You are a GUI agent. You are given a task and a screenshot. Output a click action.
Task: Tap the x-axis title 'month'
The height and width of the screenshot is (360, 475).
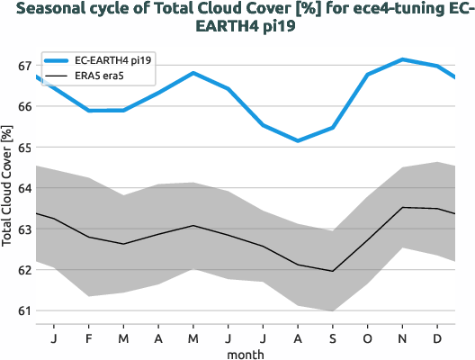(x=245, y=354)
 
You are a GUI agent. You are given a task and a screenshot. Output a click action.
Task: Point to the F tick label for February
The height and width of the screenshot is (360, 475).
(x=89, y=337)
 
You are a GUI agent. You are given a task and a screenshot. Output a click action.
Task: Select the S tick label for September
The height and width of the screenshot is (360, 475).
(x=333, y=337)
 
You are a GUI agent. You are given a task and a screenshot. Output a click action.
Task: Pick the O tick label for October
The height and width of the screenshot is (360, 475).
(x=367, y=337)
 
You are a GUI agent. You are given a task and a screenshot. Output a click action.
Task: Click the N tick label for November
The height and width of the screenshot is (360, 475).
(x=402, y=337)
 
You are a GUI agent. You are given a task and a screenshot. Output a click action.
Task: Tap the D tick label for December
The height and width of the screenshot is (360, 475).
(x=437, y=337)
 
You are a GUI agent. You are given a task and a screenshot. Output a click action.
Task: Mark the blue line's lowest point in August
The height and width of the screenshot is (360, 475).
(x=298, y=140)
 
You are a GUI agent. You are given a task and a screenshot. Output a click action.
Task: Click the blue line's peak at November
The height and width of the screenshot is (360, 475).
(x=402, y=59)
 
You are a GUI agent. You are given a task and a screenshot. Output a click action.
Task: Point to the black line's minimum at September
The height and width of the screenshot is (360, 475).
(x=333, y=271)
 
